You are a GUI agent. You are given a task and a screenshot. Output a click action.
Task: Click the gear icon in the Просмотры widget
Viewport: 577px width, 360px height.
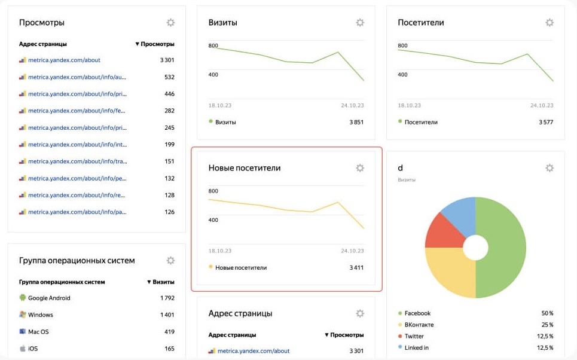pos(170,23)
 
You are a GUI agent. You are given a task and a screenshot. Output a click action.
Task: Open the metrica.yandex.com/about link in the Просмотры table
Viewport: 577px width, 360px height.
pos(64,60)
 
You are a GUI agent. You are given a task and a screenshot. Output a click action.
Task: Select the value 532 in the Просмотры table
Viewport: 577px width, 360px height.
pos(169,77)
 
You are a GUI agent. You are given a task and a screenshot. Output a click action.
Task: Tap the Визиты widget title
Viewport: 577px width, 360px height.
pos(222,23)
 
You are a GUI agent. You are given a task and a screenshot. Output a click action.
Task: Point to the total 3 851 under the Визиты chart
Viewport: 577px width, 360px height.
pos(356,122)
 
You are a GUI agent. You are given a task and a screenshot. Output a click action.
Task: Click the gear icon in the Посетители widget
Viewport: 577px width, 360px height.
pos(549,23)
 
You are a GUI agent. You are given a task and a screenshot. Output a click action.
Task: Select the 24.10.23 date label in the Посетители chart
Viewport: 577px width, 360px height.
pos(542,105)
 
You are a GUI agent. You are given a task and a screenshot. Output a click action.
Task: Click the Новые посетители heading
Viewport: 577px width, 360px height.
pos(244,168)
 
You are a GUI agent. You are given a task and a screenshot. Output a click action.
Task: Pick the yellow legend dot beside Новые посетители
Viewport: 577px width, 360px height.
pos(210,267)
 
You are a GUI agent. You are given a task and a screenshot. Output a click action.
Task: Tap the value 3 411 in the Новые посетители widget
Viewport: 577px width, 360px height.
pos(356,267)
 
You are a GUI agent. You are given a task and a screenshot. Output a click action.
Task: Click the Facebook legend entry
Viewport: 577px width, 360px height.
pos(417,313)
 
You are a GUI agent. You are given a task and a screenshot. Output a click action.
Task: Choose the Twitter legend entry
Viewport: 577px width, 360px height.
pos(414,336)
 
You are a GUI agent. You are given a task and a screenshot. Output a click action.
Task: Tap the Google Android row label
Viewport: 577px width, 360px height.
pos(49,298)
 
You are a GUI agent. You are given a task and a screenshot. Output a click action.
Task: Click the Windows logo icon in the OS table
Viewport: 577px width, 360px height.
pos(23,315)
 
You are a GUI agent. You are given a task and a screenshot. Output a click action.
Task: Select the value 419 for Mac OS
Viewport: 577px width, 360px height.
pos(169,331)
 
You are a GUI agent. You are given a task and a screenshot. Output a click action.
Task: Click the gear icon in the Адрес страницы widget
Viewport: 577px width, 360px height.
pos(360,313)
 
